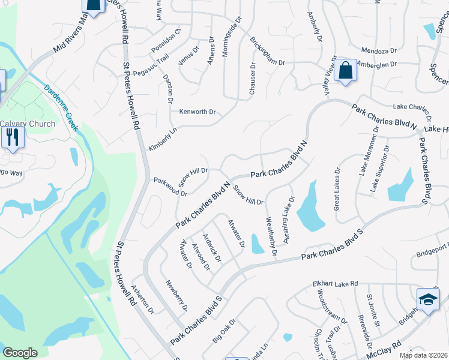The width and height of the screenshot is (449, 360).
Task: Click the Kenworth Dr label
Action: click(197, 112)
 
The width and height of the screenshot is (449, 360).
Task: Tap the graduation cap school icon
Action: click(428, 301)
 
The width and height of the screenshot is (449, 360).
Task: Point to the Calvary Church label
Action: click(28, 124)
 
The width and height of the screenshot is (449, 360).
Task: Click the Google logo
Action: click(20, 353)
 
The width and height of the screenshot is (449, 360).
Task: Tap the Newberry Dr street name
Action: click(177, 295)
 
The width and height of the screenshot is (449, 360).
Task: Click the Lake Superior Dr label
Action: click(380, 169)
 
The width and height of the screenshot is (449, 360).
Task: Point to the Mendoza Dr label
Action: click(378, 50)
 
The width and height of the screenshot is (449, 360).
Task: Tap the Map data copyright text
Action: click(423, 355)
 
